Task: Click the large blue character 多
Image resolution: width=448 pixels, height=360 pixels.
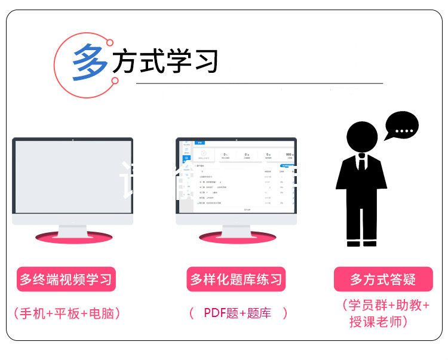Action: tap(90, 62)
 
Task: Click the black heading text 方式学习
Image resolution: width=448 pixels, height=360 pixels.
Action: tap(165, 61)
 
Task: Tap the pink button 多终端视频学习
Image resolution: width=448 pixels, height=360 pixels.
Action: tap(66, 279)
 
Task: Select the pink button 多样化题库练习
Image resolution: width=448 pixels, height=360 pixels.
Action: tap(236, 279)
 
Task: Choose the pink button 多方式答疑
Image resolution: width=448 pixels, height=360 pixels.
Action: tap(383, 279)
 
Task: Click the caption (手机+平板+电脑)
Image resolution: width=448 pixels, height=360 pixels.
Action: tap(66, 313)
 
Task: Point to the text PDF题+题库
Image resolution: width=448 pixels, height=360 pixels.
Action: tap(237, 313)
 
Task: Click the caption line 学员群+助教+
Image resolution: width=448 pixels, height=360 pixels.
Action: tap(386, 305)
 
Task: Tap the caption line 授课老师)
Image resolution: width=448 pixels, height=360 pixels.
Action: tap(379, 322)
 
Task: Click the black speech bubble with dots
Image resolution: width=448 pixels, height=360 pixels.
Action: tap(401, 127)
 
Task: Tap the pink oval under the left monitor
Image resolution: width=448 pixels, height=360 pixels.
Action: tap(73, 236)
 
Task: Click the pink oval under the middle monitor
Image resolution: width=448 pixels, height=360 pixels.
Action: tap(237, 236)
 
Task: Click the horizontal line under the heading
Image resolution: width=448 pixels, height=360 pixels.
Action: tap(259, 84)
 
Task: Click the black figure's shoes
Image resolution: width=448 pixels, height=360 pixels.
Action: tap(362, 243)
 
